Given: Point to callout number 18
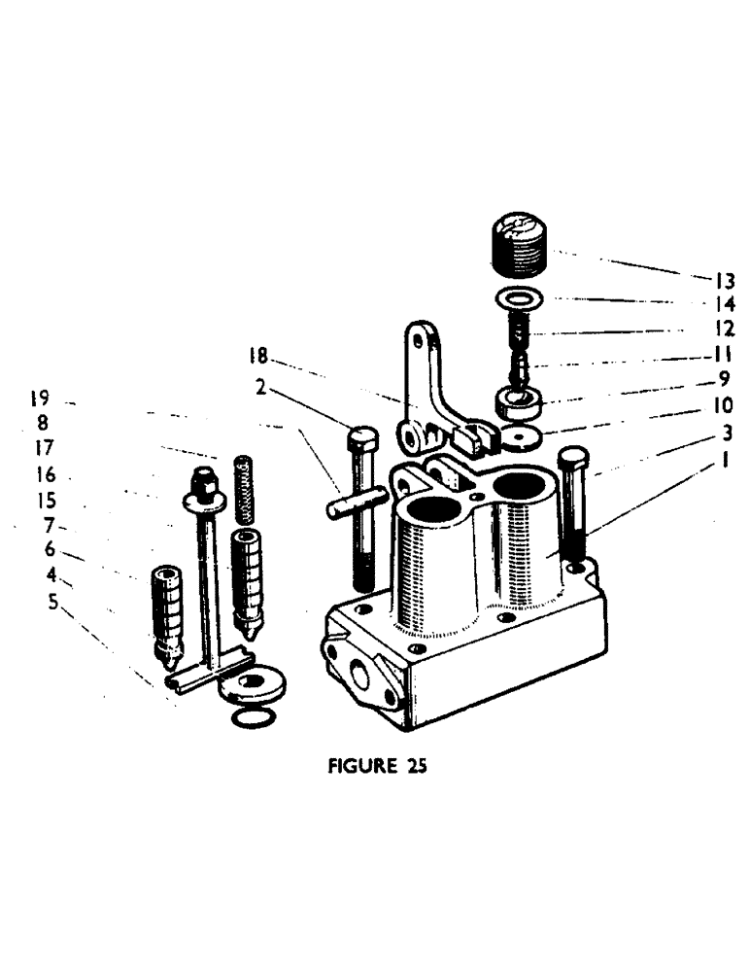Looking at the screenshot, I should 257,357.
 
